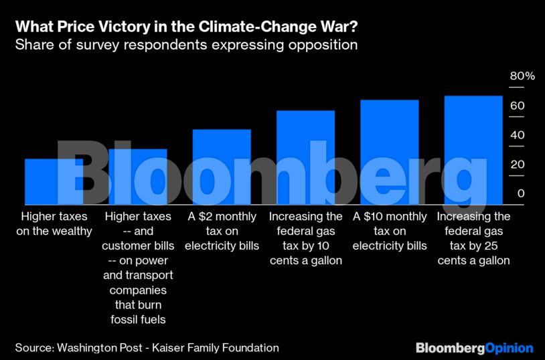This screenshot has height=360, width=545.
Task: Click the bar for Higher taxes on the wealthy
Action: (x=54, y=181)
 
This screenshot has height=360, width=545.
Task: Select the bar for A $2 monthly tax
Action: (x=222, y=167)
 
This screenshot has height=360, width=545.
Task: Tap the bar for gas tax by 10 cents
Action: (x=305, y=157)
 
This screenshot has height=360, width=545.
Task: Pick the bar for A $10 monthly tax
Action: (x=390, y=152)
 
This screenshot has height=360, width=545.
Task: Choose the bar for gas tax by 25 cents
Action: (x=473, y=150)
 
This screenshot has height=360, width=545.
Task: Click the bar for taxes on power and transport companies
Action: (x=137, y=177)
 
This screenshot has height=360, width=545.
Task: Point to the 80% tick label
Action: (x=522, y=76)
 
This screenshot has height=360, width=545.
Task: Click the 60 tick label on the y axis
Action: (x=517, y=106)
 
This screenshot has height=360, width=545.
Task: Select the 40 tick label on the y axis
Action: (x=517, y=135)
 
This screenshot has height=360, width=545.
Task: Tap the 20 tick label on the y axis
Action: (x=517, y=165)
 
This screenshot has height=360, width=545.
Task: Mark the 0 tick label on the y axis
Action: (x=520, y=194)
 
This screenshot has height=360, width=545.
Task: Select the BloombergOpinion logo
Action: (x=474, y=348)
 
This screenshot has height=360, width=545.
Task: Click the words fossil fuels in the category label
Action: (x=138, y=320)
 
